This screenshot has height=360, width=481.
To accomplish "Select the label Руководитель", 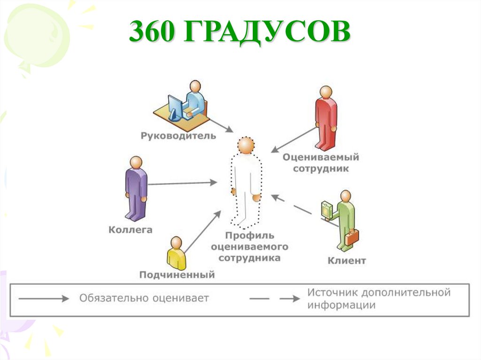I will (x=178, y=136).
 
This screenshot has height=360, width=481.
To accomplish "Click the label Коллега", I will (x=131, y=230).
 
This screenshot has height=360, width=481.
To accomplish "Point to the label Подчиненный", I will (x=177, y=275).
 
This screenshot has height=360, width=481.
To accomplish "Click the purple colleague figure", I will (x=136, y=188).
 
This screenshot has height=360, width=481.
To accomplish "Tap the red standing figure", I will (x=326, y=117).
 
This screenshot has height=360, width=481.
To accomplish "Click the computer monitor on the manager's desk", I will (x=175, y=107).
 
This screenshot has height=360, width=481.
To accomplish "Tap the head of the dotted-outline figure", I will (x=245, y=145).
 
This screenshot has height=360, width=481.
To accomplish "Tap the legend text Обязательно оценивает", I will (x=144, y=298).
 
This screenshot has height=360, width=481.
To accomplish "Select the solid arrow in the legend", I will (x=43, y=298).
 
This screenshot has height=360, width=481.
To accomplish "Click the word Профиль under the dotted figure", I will (x=248, y=236).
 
